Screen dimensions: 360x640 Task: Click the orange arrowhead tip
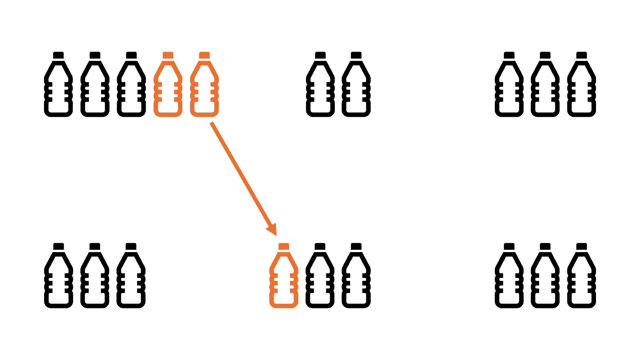276,235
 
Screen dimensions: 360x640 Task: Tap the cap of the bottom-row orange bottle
284,246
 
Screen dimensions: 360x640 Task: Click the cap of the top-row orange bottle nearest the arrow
204,55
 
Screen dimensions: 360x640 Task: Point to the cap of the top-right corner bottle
582,55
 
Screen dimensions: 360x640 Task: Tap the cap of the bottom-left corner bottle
58,246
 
